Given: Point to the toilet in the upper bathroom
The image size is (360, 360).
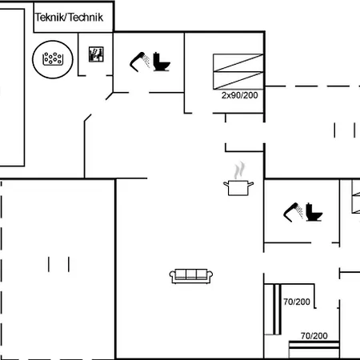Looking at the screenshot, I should coord(164,61).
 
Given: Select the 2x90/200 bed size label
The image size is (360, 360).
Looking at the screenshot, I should coord(241,95).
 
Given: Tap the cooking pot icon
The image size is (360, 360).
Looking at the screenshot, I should coord(238,188).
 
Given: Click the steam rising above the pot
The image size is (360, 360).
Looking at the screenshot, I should coord(238,171).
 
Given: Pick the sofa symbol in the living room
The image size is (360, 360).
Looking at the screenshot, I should coord(192,276).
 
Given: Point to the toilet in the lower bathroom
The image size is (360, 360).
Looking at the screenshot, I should coord(313,213).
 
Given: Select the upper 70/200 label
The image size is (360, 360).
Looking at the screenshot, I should coord(297,302).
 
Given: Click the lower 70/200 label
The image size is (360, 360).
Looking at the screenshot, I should coord(314,336).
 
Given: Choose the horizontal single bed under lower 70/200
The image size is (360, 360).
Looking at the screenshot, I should coord(314,350).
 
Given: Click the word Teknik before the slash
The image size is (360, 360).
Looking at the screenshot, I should coord(49,16).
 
